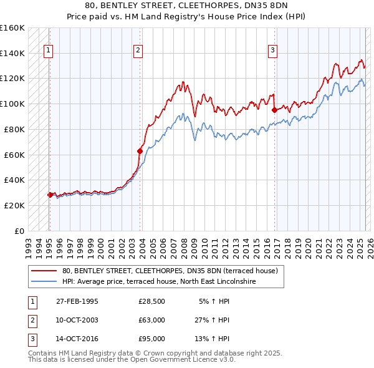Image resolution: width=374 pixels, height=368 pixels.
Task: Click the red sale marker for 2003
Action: [140, 150]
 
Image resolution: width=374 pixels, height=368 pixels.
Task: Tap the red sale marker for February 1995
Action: [50, 195]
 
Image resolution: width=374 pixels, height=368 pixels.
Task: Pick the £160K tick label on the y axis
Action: [12, 28]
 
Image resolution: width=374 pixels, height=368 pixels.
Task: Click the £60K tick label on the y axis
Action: [15, 155]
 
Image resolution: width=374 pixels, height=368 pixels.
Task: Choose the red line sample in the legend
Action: [43, 271]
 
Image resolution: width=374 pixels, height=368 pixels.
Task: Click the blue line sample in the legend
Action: [43, 281]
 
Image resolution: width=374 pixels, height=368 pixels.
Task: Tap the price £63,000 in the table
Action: [152, 321]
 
